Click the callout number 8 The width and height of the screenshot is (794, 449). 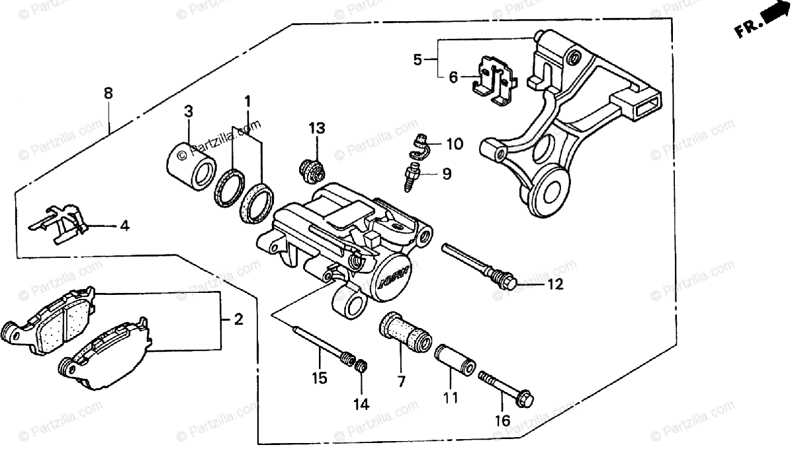108,93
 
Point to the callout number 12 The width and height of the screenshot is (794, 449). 554,285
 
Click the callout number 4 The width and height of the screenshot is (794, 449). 124,226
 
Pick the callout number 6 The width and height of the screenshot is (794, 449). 453,77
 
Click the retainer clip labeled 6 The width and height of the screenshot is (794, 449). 496,83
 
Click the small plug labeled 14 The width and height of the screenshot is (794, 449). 362,366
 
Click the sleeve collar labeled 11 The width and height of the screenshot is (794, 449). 454,360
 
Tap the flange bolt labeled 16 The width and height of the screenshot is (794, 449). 506,388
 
